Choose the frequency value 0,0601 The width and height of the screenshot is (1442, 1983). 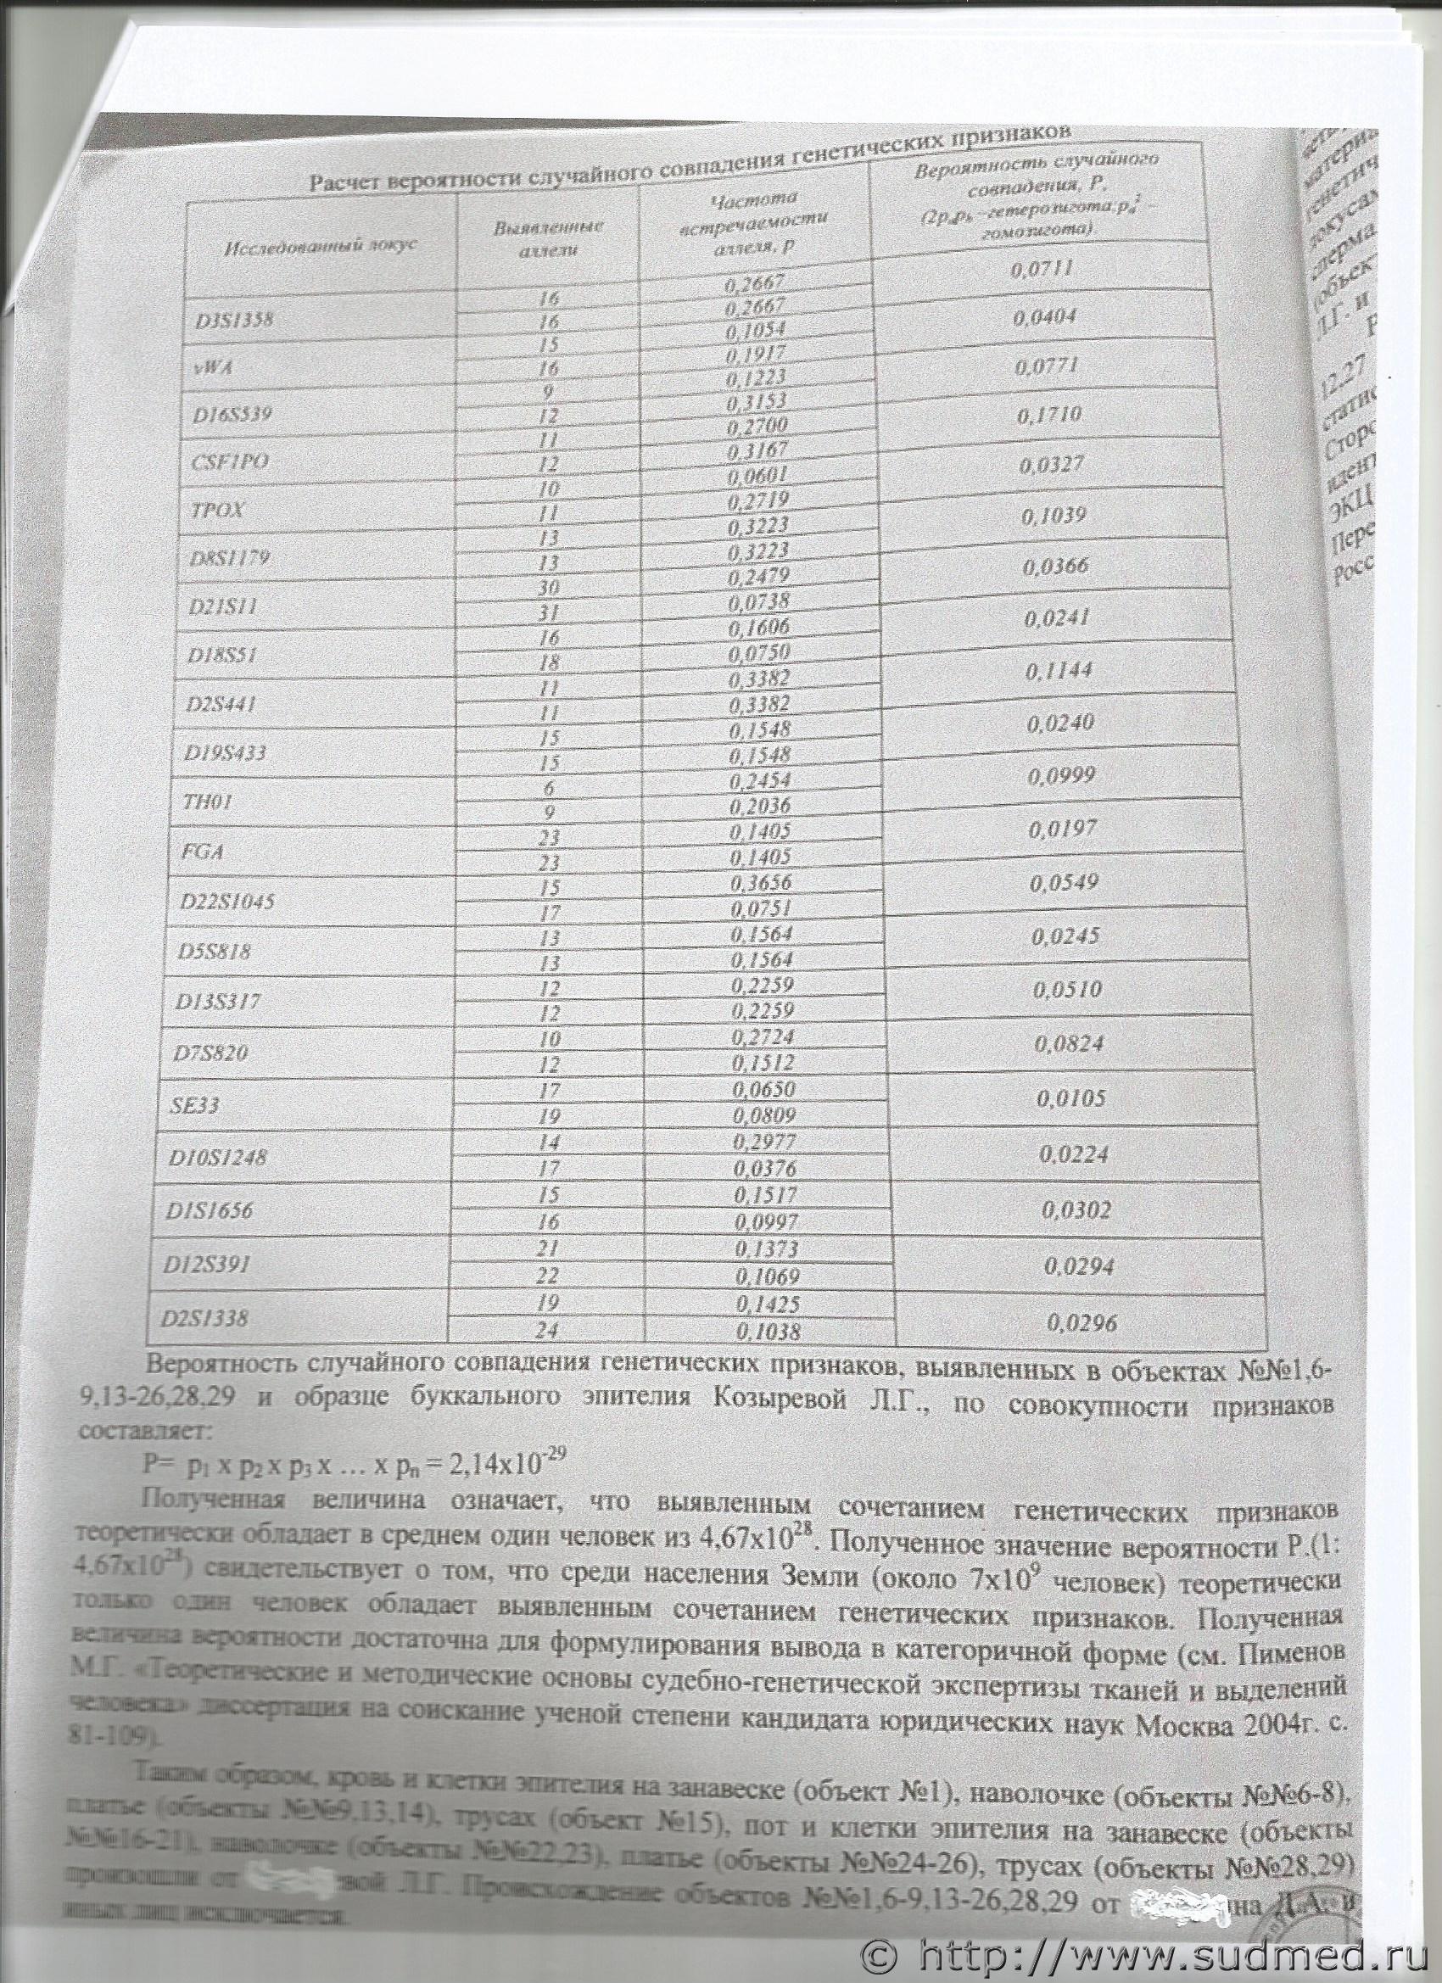756,474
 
